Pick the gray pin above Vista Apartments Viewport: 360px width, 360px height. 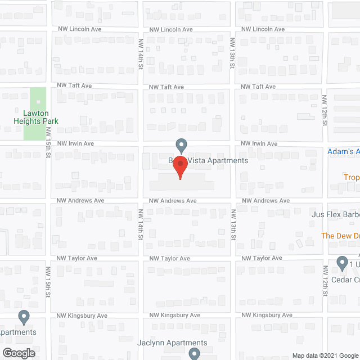(x=181, y=145)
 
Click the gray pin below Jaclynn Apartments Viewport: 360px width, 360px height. (x=194, y=353)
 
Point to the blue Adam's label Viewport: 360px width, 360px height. (x=344, y=152)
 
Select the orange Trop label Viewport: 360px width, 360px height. (x=352, y=178)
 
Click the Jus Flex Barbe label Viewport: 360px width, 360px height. (x=335, y=214)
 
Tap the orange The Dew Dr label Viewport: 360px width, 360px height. (x=340, y=236)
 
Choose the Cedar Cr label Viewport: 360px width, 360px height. (x=345, y=280)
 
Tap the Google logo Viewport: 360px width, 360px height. (x=17, y=354)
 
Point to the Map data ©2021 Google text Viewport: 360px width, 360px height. (x=325, y=355)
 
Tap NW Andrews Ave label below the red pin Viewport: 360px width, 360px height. (x=172, y=201)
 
